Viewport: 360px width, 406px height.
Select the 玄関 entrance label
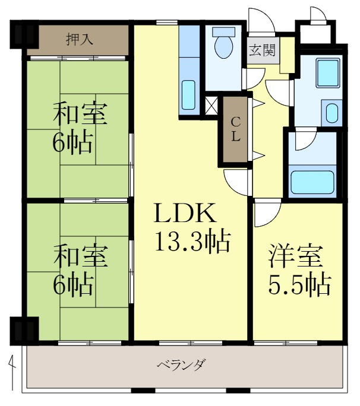pos(262,50)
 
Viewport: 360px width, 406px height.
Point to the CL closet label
pos(235,129)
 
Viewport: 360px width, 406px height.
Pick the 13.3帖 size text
pos(192,241)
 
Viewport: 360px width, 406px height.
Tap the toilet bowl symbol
pos(223,46)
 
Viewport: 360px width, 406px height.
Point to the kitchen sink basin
pos(188,92)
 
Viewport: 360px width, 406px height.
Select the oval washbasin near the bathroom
pos(331,112)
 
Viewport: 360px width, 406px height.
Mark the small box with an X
pos(211,107)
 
